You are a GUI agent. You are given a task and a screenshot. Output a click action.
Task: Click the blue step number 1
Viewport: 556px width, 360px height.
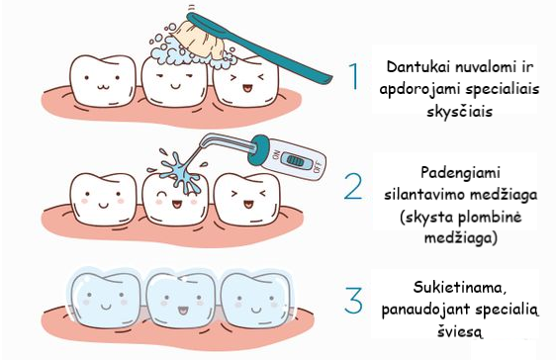click(x=354, y=76)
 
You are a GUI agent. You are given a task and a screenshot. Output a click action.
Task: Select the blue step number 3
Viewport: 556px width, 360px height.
click(x=353, y=301)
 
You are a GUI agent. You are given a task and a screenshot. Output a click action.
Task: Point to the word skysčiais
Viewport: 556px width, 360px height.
click(x=460, y=111)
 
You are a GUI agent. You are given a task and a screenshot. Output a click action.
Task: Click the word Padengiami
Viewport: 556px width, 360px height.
click(x=460, y=173)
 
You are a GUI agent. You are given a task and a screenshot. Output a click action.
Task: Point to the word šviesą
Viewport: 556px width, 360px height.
click(x=460, y=331)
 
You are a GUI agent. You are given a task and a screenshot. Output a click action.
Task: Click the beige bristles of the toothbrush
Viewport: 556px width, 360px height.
click(x=198, y=39)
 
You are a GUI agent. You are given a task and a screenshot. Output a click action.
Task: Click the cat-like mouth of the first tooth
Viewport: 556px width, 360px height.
click(x=102, y=86)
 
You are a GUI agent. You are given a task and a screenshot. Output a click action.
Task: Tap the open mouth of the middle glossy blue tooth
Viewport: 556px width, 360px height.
click(x=183, y=311)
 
